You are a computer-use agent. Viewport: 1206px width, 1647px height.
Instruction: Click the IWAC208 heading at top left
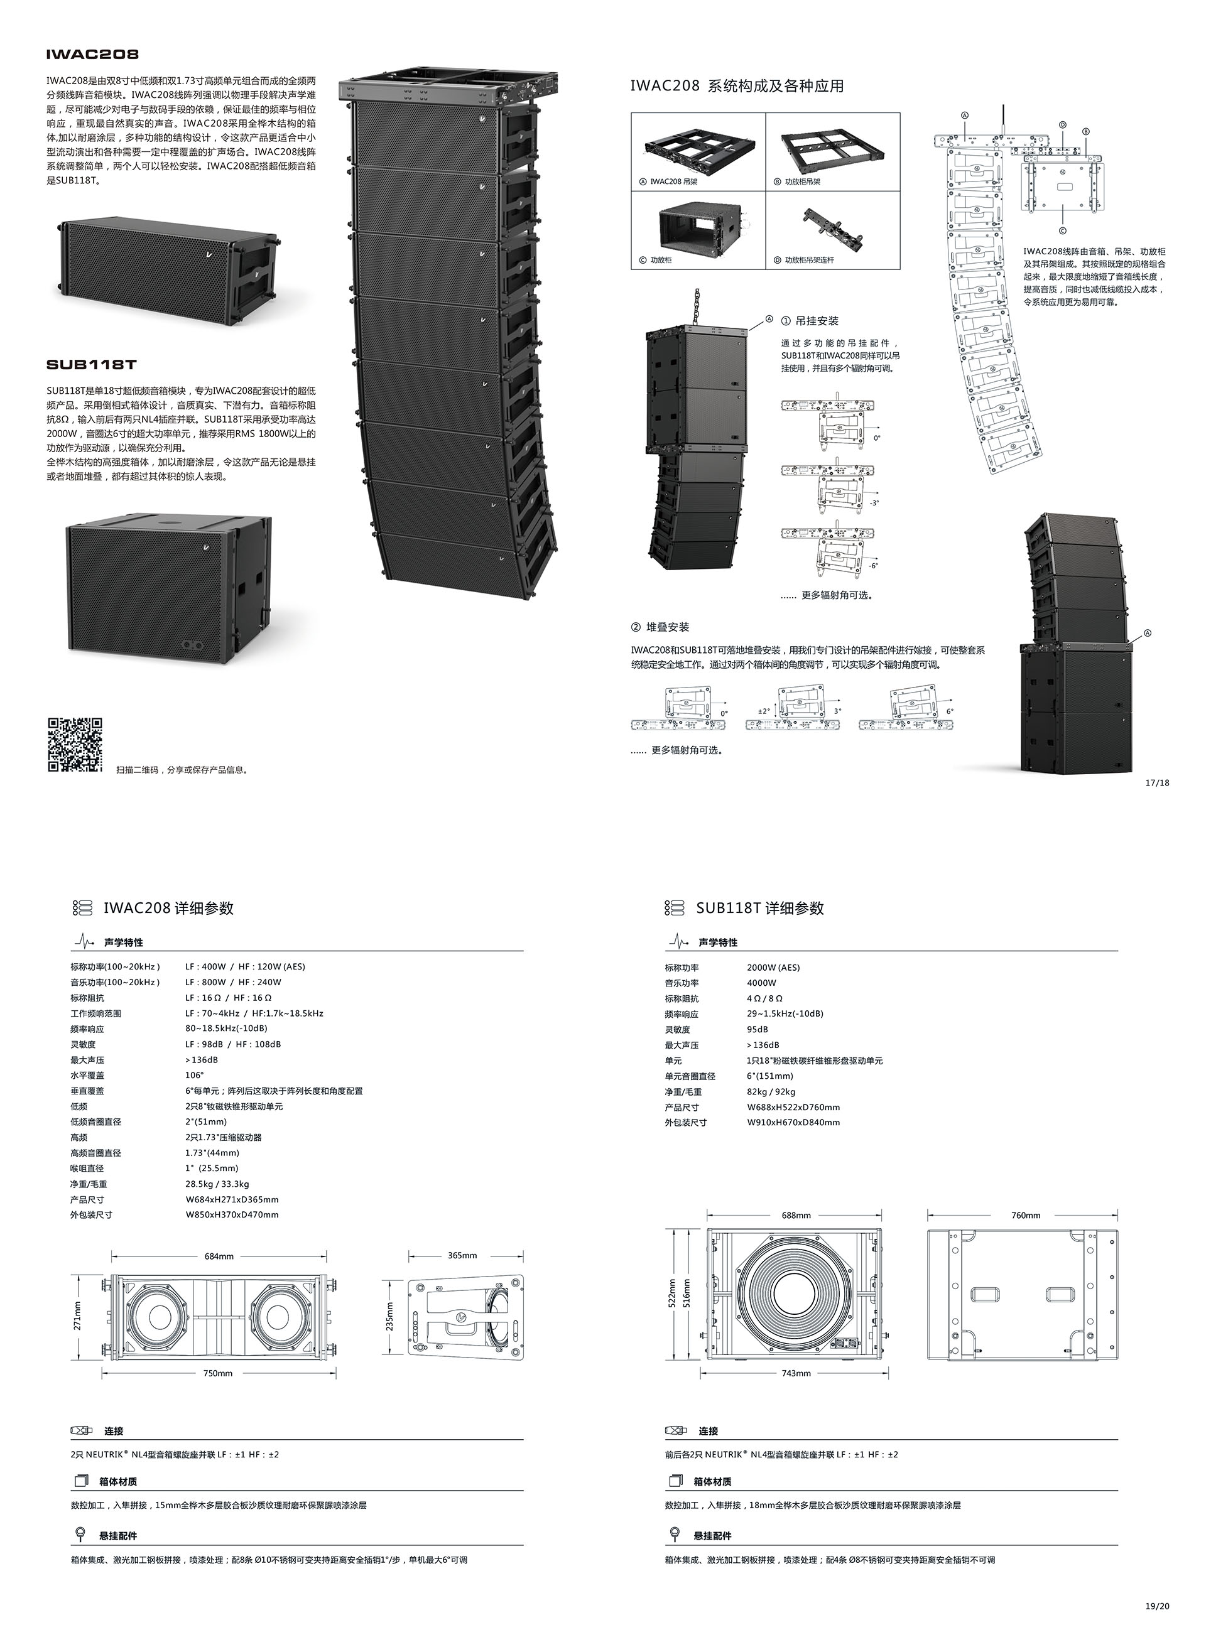(92, 54)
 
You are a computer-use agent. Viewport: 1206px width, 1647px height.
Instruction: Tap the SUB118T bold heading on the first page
(91, 364)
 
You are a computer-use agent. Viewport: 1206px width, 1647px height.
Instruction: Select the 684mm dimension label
(219, 1256)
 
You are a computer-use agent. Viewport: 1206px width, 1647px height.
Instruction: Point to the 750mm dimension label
(217, 1373)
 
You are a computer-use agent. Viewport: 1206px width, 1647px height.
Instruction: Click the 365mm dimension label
(462, 1255)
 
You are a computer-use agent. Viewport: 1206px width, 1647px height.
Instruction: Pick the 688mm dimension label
(796, 1215)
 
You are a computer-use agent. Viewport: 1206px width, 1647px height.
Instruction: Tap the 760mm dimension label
(1026, 1215)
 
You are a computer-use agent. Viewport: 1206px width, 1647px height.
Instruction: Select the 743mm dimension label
(796, 1373)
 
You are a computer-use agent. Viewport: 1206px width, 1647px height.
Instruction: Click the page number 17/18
(1157, 782)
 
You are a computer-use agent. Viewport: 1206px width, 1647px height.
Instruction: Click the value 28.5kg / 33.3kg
(217, 1184)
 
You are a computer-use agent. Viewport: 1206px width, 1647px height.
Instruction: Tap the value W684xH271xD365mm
(231, 1199)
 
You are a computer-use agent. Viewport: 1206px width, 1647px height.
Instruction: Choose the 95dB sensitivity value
(757, 1029)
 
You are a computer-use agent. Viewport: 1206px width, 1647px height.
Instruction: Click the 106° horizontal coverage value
(194, 1075)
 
